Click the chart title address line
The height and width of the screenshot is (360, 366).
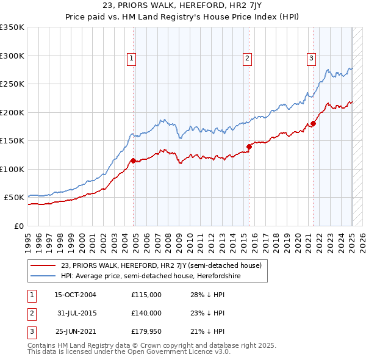[x=182, y=6]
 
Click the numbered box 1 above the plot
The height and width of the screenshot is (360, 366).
[x=131, y=59]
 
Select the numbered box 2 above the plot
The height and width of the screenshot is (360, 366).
[x=247, y=59]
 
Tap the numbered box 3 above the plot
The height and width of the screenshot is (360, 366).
[x=310, y=59]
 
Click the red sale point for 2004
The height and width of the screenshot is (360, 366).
[x=133, y=160]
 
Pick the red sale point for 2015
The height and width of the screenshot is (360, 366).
[x=249, y=146]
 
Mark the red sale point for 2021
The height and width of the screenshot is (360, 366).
[x=313, y=124]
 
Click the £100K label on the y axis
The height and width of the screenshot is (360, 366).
[x=12, y=169]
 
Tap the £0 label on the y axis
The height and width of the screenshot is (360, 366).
[x=18, y=226]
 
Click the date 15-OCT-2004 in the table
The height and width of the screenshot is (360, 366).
[x=75, y=295]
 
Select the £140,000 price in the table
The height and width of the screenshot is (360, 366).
[x=146, y=313]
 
